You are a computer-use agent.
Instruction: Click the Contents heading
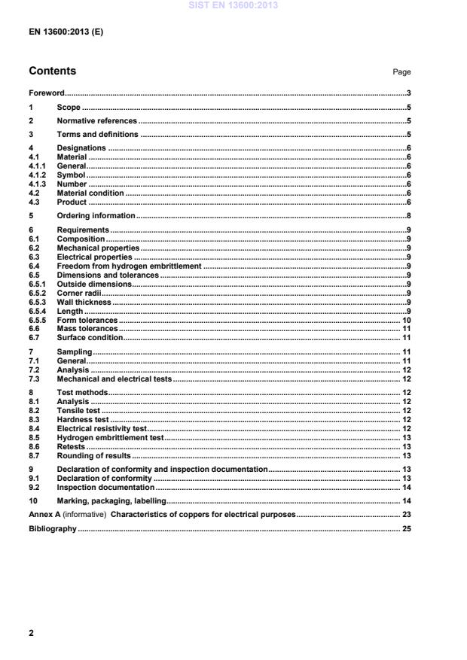pos(52,71)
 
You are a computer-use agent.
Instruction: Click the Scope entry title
pos(69,108)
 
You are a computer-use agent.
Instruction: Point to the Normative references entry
pos(96,121)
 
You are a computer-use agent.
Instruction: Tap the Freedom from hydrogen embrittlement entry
pos(129,266)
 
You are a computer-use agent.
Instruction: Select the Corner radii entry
pos(79,293)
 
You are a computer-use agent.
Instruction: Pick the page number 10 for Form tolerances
pos(405,320)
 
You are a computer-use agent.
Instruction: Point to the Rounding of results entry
pos(93,455)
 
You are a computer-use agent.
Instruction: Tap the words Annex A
pos(43,515)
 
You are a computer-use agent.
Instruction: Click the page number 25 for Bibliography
pos(405,529)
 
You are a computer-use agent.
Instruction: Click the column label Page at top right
pos(401,72)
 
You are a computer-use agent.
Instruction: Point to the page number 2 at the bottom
pos(31,634)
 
